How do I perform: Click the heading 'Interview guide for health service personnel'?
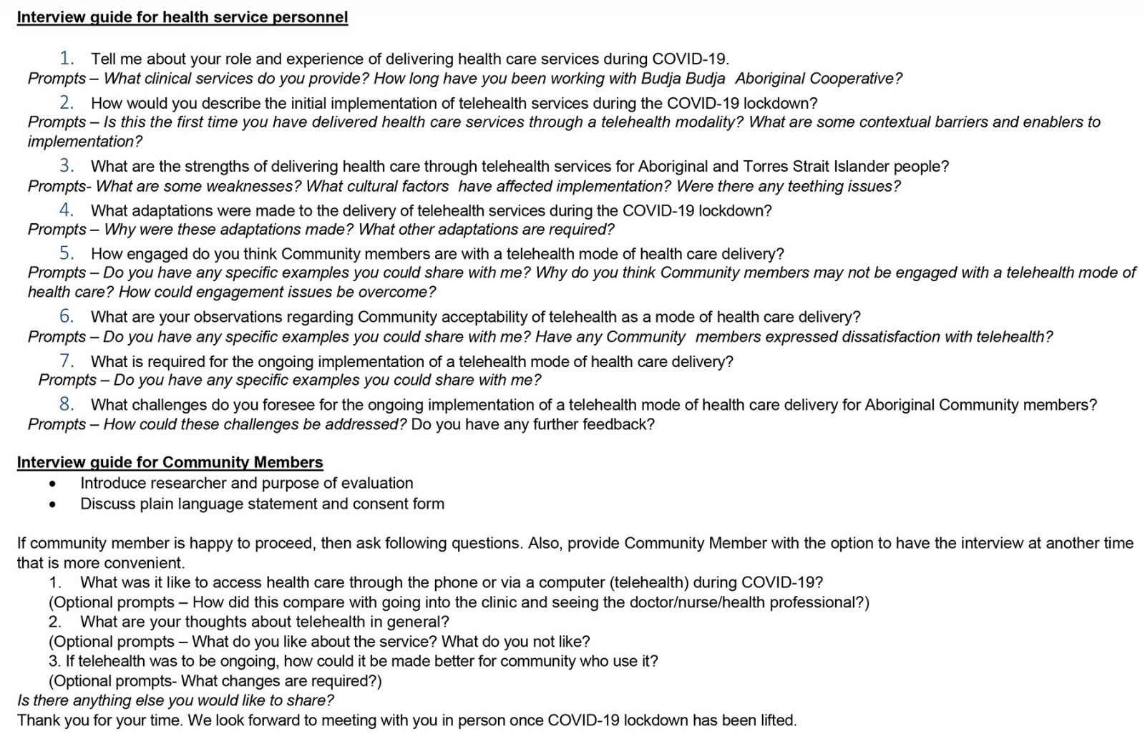[x=182, y=17]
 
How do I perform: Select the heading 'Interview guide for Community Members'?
[x=170, y=462]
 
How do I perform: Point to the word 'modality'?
[x=706, y=122]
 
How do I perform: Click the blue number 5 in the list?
[x=67, y=253]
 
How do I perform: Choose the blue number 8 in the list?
[x=67, y=403]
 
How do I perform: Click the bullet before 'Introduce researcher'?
[x=53, y=484]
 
